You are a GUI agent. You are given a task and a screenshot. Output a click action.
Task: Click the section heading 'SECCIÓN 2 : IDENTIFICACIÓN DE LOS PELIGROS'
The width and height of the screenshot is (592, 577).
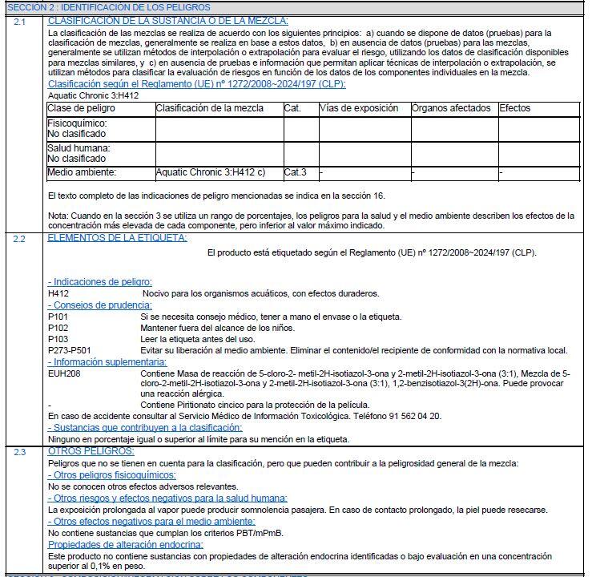pyautogui.click(x=98, y=6)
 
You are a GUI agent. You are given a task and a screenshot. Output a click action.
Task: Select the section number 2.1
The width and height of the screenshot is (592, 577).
pyautogui.click(x=20, y=22)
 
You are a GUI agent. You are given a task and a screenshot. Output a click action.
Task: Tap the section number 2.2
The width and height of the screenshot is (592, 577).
pyautogui.click(x=20, y=238)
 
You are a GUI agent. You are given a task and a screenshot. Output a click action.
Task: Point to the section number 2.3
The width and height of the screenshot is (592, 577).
pyautogui.click(x=20, y=452)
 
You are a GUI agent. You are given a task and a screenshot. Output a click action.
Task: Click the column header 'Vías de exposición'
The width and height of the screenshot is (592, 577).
pyautogui.click(x=359, y=108)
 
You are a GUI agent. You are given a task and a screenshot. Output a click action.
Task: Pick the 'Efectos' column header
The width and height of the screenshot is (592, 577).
pyautogui.click(x=515, y=108)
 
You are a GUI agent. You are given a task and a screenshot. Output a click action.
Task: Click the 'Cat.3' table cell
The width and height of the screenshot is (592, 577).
pyautogui.click(x=296, y=172)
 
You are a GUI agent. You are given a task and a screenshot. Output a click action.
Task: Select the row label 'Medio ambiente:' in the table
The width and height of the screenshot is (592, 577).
pyautogui.click(x=82, y=172)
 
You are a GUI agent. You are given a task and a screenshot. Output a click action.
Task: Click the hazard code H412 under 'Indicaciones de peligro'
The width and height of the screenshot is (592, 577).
pyautogui.click(x=58, y=294)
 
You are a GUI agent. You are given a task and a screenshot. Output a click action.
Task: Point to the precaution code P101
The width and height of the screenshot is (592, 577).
pyautogui.click(x=58, y=317)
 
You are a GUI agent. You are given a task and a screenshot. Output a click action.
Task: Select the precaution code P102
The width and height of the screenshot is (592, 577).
pyautogui.click(x=58, y=329)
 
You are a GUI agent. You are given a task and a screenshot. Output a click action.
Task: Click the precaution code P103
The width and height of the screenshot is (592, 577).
pyautogui.click(x=58, y=339)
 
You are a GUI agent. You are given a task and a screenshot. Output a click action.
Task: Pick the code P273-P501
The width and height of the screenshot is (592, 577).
pyautogui.click(x=69, y=350)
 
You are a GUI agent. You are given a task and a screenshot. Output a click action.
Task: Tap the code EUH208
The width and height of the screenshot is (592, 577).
pyautogui.click(x=64, y=373)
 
